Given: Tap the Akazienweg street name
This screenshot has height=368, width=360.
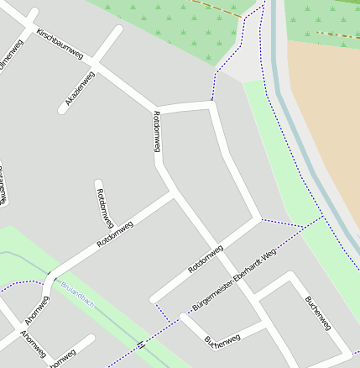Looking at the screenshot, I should coord(80,89).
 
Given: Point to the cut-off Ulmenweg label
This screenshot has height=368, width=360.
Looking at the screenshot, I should coord(11,52).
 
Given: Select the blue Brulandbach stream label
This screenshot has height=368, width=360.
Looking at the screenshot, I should coord(77,294).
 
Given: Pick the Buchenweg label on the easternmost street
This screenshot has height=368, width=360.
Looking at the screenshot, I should coord(318,312).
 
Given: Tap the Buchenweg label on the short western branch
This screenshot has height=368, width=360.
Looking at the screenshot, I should coord(222,339).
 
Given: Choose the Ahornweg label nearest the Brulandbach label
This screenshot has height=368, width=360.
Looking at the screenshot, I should coord(36,310).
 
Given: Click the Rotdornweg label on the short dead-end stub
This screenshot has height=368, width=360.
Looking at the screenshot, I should coord(105,208).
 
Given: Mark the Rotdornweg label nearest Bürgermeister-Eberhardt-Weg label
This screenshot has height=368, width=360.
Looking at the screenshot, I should coord(206,258).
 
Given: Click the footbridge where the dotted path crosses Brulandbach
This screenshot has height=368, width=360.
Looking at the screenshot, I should coord(140,344).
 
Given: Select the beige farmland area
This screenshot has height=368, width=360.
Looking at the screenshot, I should coord(327,109).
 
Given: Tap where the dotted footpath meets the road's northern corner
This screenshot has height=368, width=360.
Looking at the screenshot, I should coord(212,102).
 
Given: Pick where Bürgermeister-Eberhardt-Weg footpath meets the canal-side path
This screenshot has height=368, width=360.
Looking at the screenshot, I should coord(322,218).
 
